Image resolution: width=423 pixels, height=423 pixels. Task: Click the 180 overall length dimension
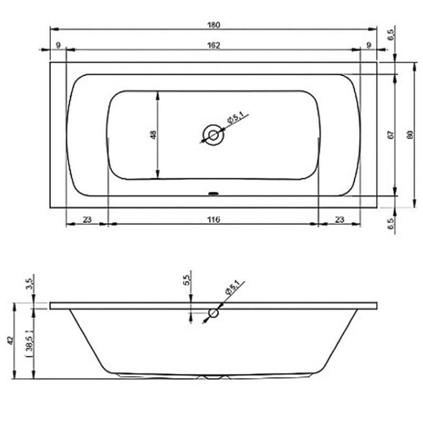click(213, 24)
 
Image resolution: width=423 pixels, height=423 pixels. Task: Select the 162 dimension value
click(213, 45)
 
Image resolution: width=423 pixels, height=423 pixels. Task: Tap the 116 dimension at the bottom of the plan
click(213, 219)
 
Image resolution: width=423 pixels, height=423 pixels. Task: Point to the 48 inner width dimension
click(153, 135)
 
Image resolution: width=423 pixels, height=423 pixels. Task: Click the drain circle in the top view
click(214, 135)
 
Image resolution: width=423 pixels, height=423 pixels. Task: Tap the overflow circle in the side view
click(213, 313)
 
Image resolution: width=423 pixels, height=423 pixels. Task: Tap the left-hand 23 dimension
click(87, 219)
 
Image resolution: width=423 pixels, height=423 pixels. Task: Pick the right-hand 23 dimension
click(339, 219)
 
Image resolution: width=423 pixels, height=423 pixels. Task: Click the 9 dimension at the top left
click(57, 45)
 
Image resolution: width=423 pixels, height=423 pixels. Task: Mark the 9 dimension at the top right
click(368, 45)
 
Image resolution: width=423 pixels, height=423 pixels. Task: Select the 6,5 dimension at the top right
click(391, 35)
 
